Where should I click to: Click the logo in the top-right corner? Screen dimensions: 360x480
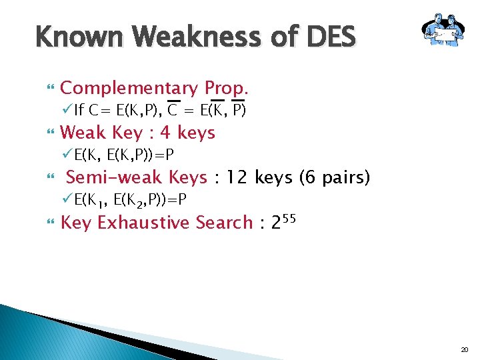pos(442,31)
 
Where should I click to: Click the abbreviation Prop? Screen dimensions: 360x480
pos(227,88)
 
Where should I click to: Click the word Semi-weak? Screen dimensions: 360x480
pos(109,177)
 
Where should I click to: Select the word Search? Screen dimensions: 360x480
pos(224,222)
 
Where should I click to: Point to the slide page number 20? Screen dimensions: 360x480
pos(465,349)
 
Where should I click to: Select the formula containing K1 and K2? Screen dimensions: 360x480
pos(130,200)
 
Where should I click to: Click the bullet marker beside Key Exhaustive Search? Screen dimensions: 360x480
pos(47,223)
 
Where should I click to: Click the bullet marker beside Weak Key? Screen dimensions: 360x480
pos(47,133)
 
